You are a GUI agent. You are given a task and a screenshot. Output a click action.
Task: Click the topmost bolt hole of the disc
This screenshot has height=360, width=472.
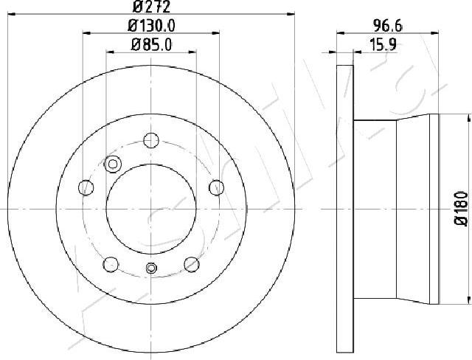(151, 139)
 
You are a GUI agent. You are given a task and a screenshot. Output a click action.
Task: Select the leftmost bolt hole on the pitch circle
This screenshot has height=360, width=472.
(85, 187)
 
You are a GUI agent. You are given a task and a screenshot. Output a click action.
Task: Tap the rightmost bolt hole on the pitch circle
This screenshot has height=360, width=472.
(217, 187)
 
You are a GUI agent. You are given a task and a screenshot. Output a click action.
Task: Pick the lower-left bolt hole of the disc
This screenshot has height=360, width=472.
(111, 263)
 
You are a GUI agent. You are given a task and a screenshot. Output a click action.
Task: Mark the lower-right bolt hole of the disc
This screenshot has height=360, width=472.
(192, 263)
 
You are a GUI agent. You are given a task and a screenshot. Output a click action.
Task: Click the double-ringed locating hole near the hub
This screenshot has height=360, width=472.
(114, 164)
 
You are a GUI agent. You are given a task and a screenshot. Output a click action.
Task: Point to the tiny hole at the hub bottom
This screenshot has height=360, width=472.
(151, 268)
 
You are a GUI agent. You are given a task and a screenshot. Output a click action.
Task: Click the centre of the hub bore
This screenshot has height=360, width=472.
(151, 209)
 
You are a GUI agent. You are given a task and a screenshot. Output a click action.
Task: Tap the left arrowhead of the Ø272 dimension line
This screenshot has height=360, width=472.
(13, 15)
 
